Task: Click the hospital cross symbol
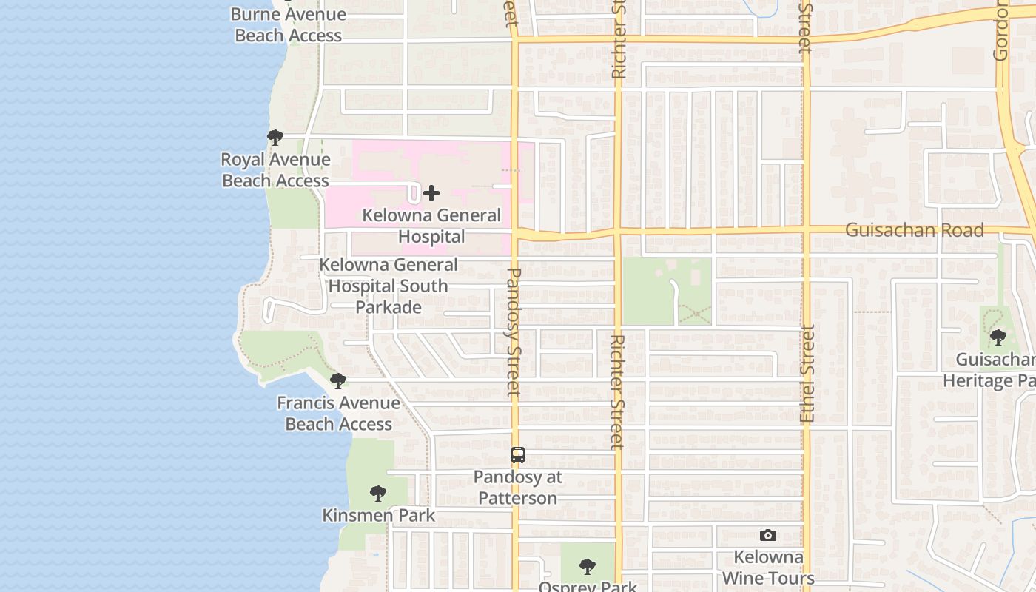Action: (x=431, y=194)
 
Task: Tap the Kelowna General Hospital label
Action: (x=431, y=226)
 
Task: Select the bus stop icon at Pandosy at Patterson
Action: (x=518, y=455)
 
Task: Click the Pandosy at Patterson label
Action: (x=518, y=488)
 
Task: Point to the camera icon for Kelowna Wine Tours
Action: (x=768, y=535)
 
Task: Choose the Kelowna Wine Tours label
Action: (x=768, y=568)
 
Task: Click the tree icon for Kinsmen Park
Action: (x=378, y=493)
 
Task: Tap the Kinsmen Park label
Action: (x=378, y=516)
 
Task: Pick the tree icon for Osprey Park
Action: (x=588, y=567)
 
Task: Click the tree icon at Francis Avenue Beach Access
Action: (x=338, y=381)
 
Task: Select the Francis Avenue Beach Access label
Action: (x=338, y=414)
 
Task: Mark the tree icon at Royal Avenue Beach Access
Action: (x=275, y=137)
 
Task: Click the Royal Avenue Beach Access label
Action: (x=275, y=170)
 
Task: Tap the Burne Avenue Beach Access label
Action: (x=288, y=24)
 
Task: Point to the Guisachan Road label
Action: (x=915, y=230)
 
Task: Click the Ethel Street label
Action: (x=807, y=374)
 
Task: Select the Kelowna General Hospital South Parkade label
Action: (x=388, y=286)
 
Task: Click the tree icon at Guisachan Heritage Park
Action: (x=998, y=337)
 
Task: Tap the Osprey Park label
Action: (x=588, y=586)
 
